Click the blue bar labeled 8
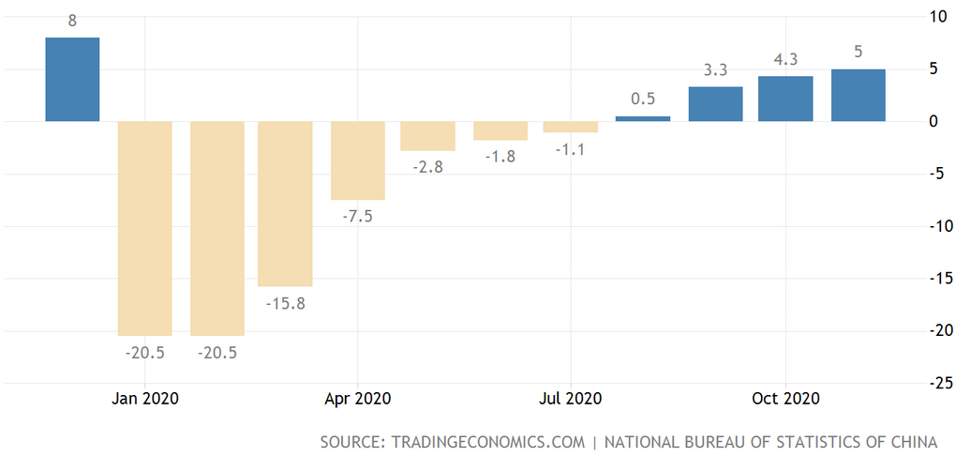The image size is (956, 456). (x=72, y=79)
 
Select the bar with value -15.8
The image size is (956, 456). (x=285, y=204)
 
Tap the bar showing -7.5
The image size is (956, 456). (x=357, y=160)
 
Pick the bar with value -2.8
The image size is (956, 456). (x=427, y=136)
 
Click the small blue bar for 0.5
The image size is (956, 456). (x=643, y=118)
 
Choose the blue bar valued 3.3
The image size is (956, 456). (x=715, y=104)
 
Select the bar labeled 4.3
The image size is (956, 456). (x=785, y=99)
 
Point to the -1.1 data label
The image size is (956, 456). (x=571, y=148)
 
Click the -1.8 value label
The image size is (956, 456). (x=500, y=156)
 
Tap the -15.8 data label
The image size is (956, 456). (x=285, y=303)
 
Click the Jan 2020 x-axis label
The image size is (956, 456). (x=145, y=398)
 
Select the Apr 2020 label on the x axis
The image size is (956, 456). (x=357, y=398)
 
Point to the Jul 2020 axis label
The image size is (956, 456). (x=570, y=398)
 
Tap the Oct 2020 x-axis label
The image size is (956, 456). (x=785, y=398)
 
